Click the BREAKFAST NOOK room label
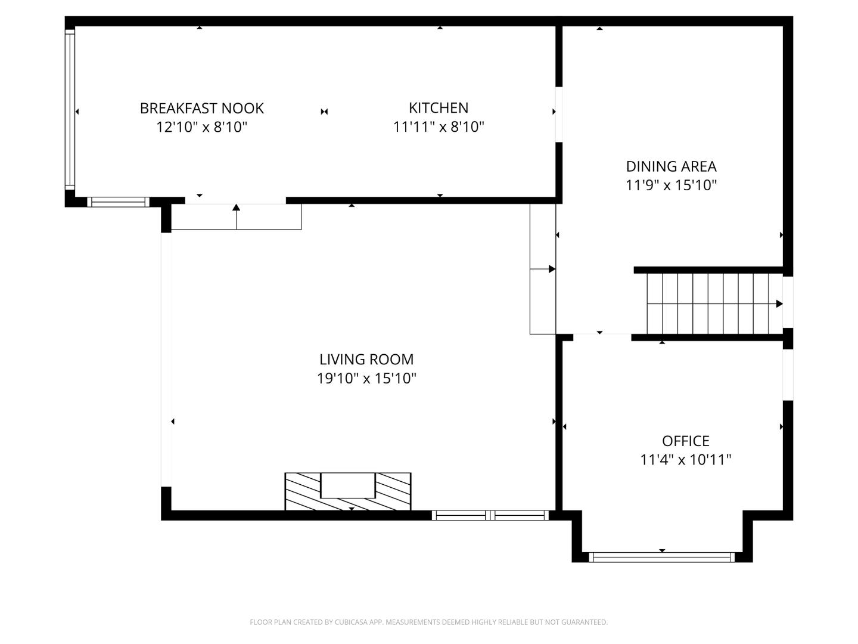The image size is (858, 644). tap(201, 108)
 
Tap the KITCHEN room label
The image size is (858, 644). tap(439, 107)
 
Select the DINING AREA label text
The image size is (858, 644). tap(671, 166)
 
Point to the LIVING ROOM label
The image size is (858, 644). tap(366, 359)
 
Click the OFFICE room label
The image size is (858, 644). tap(686, 441)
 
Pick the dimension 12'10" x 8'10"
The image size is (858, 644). tap(201, 127)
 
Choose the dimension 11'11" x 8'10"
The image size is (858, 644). tap(439, 127)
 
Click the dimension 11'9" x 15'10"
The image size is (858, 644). tap(671, 185)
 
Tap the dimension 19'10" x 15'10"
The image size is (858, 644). tap(366, 379)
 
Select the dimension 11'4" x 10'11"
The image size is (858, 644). tap(686, 460)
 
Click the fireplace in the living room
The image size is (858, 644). tap(348, 491)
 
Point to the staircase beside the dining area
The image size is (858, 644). tap(714, 304)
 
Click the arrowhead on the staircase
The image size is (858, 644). tap(779, 304)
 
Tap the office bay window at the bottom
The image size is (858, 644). tap(662, 558)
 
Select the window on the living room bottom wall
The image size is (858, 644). tap(490, 515)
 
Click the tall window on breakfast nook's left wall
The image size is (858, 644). tap(70, 110)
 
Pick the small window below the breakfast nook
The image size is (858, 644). tap(118, 202)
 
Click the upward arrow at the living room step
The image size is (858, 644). tap(237, 208)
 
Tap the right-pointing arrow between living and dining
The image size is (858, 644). tap(552, 270)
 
